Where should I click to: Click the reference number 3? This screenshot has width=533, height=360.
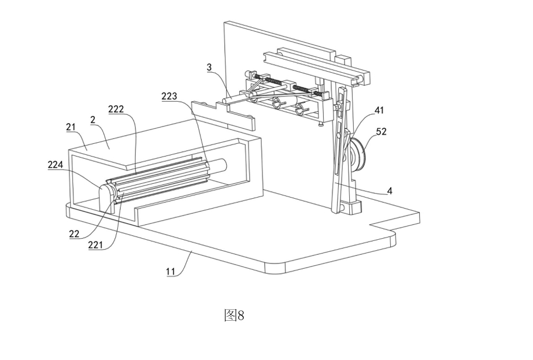(x=209, y=68)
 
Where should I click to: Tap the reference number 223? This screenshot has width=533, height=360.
(x=169, y=97)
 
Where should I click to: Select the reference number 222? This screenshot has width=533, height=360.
(x=116, y=109)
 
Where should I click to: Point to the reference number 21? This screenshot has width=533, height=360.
(x=71, y=127)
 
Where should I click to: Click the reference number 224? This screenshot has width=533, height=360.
(x=55, y=165)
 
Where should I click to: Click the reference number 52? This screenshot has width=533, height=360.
(x=381, y=131)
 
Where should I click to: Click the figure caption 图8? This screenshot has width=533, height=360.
(x=234, y=315)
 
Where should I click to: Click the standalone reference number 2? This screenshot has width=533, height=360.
(x=92, y=120)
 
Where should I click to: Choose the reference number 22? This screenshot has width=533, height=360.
(x=75, y=235)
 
